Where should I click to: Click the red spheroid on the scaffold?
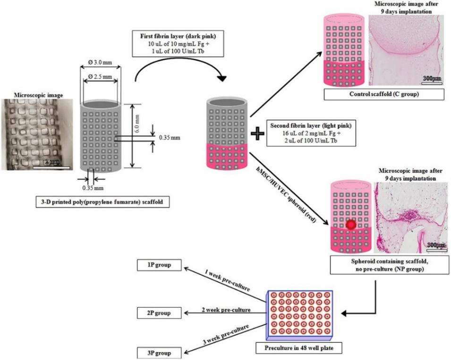tap(350, 225)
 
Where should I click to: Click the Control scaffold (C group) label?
tap(384, 94)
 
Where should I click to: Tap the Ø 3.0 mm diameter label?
tap(102, 63)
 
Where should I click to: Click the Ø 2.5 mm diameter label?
tap(102, 77)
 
